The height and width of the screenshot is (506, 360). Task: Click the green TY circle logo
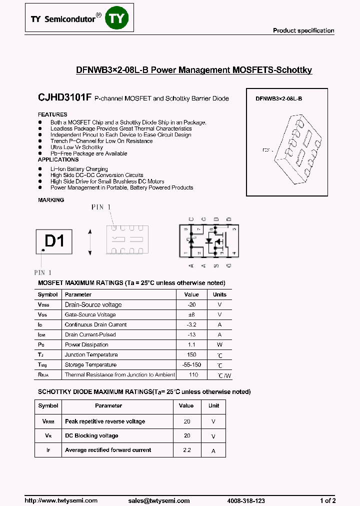point(118,18)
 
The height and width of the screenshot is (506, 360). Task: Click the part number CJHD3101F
point(64,98)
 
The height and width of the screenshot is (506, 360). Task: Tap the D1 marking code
point(54,241)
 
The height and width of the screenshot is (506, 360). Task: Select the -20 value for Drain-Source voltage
point(191,304)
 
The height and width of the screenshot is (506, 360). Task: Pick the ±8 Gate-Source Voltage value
point(191,314)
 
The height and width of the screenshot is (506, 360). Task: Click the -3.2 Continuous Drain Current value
point(191,324)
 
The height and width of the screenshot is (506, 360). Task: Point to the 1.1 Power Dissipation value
point(191,344)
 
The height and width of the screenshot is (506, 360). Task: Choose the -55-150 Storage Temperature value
point(191,364)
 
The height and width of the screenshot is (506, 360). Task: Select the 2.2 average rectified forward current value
point(187,450)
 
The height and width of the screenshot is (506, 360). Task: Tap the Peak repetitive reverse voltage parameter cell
point(105,421)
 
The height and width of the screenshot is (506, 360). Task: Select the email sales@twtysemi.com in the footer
point(158,500)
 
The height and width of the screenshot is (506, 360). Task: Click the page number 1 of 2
point(327,500)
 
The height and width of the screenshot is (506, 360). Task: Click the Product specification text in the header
point(303,30)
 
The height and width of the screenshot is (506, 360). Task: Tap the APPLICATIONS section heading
point(58,159)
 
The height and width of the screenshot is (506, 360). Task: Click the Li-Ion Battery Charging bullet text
point(79,169)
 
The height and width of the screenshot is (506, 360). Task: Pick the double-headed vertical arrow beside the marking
point(90,242)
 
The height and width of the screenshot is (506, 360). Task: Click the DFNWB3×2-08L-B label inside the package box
point(278,99)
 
